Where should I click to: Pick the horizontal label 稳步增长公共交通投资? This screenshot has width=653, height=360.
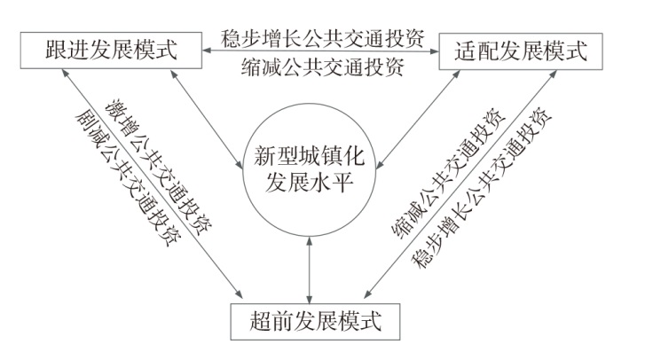coord(322,38)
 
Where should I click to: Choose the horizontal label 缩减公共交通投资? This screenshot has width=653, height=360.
coord(322,67)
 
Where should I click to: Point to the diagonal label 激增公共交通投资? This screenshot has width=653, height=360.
coord(158,168)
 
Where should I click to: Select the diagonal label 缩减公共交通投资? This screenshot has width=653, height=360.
coord(449,174)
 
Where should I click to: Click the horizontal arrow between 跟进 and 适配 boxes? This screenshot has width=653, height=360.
coord(320,51)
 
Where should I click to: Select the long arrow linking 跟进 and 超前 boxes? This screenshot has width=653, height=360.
coord(152,184)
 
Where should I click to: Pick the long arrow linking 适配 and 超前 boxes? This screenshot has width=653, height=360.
coord(460,184)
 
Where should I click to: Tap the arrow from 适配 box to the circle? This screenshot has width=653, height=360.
coord(418,120)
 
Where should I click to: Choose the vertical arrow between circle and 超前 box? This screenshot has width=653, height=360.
coord(309,270)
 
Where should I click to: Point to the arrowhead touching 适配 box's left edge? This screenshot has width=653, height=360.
coord(435,51)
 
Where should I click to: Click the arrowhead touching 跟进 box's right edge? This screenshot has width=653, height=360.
coord(207,51)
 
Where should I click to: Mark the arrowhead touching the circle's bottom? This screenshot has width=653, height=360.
coord(309,241)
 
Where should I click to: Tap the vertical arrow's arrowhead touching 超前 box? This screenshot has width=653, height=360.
coord(309,299)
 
